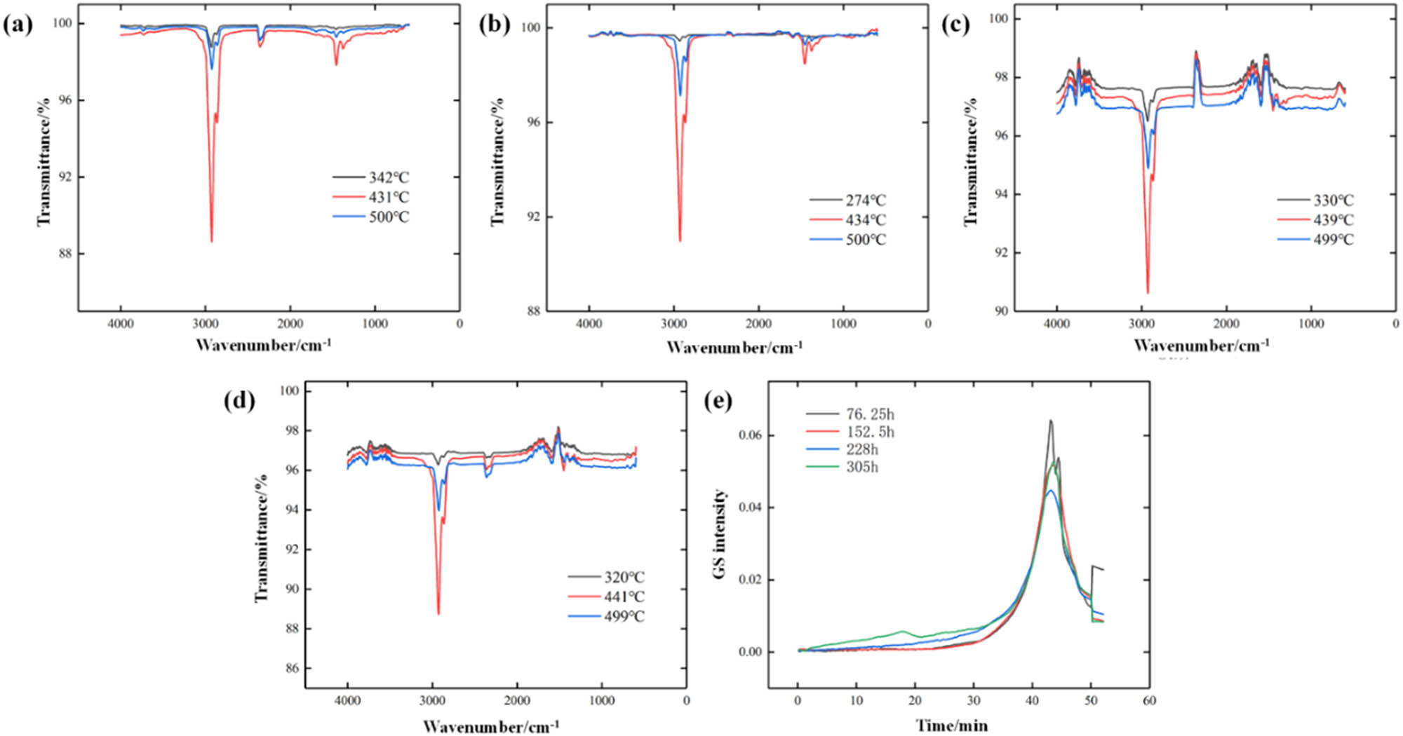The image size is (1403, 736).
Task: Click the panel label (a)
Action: coord(18,25)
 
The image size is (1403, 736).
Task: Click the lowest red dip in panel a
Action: coord(211,241)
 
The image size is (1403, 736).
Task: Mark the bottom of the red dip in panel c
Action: coord(1148,292)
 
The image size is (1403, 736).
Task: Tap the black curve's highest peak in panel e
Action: coord(1050,421)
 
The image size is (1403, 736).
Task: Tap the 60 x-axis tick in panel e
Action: coord(1149,700)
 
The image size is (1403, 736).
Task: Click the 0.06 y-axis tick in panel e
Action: coord(750,435)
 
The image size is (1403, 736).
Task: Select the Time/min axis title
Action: coord(951,726)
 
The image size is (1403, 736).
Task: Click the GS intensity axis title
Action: coord(720,534)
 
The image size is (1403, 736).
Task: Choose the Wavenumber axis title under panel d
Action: coord(491,726)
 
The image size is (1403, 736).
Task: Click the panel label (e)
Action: coord(718,401)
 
